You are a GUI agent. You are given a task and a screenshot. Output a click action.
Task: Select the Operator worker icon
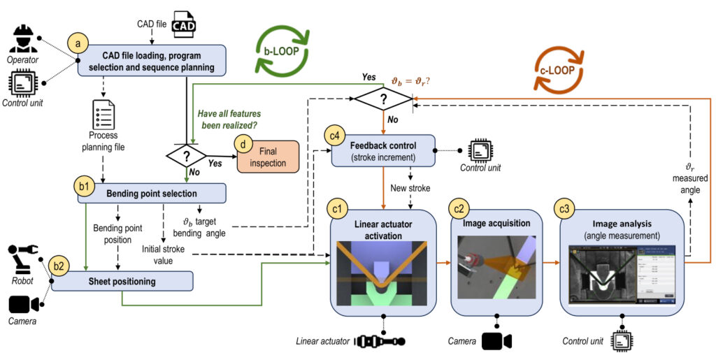24,39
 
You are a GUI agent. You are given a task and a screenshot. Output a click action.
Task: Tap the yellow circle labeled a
78,44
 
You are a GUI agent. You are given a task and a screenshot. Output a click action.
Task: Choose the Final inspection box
268,156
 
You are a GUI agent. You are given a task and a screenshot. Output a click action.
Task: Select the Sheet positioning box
123,282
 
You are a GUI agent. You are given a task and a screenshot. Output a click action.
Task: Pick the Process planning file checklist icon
103,113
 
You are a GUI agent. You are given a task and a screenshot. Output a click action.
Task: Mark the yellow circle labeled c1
338,208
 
